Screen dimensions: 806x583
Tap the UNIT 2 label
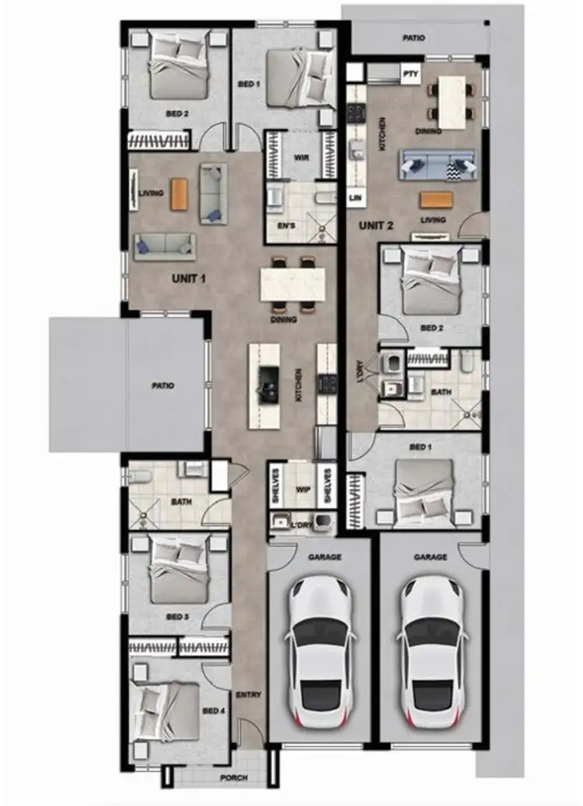[376, 226]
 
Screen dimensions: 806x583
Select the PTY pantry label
[410, 73]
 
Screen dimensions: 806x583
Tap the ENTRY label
[248, 695]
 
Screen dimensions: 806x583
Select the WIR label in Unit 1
[302, 156]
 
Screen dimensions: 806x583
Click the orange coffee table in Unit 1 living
[180, 193]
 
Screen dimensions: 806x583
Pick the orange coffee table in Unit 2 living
[434, 200]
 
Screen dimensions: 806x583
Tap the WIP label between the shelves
[302, 490]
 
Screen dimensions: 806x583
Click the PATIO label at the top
[414, 37]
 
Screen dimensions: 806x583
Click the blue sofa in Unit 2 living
[438, 165]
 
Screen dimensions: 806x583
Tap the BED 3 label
[177, 616]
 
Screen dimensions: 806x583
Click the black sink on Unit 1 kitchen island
[269, 382]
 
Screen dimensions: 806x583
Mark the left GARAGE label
[320, 557]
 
